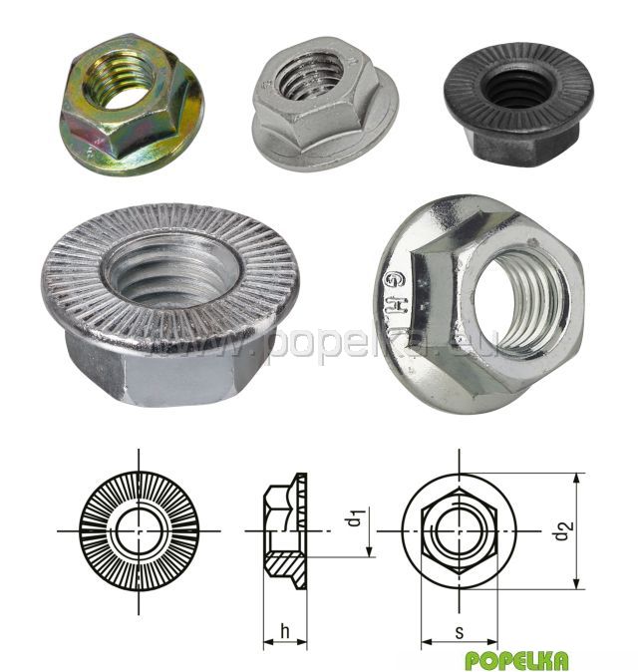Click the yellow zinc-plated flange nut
[x=131, y=103]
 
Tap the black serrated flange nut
[x=518, y=103]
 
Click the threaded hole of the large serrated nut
[x=169, y=274]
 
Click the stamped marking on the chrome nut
[x=397, y=296]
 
